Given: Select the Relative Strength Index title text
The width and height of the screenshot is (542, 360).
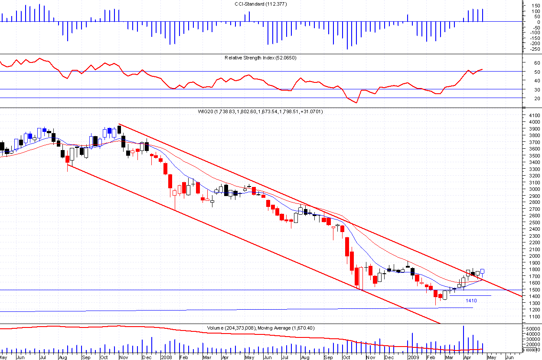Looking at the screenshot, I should (260, 58).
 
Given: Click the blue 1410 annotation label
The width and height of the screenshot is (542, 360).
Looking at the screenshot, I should (471, 300).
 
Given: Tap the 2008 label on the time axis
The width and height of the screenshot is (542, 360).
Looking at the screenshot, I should (167, 358).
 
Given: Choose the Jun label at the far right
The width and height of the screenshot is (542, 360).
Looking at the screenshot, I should (510, 358).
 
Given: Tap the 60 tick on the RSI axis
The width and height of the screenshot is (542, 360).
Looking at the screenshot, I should (537, 63).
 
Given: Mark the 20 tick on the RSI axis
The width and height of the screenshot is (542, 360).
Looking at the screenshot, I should (537, 98).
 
